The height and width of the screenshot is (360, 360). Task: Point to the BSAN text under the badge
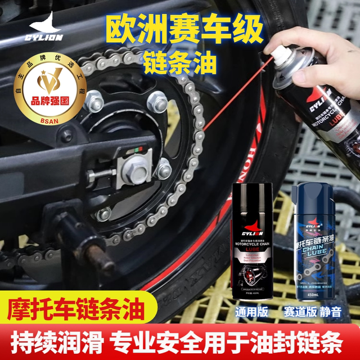point(53,121)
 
